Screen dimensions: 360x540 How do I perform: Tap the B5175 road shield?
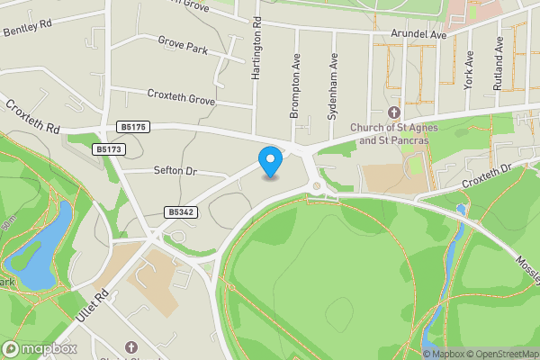131,128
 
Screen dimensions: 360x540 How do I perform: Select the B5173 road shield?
108,148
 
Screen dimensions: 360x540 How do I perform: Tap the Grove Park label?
183,42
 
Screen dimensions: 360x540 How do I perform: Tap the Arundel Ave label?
418,34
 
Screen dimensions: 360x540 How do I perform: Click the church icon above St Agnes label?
392,112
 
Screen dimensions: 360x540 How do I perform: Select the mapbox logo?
40,348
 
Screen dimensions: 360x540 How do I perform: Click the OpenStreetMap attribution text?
500,353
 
